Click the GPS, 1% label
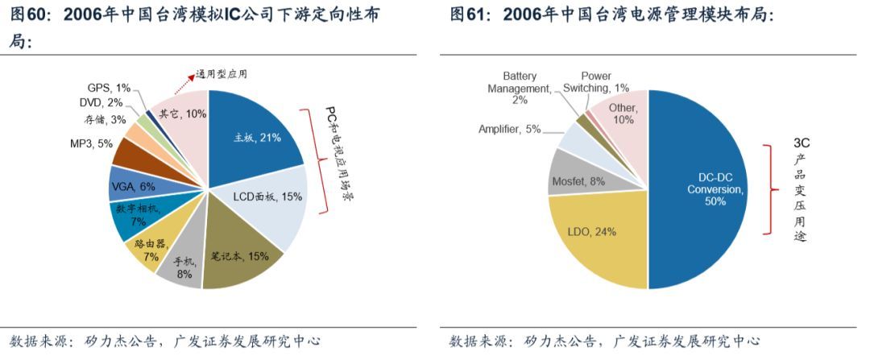pos(109,87)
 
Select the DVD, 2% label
pos(101,102)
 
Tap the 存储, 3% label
pos(105,120)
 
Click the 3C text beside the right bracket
pos(801,143)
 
